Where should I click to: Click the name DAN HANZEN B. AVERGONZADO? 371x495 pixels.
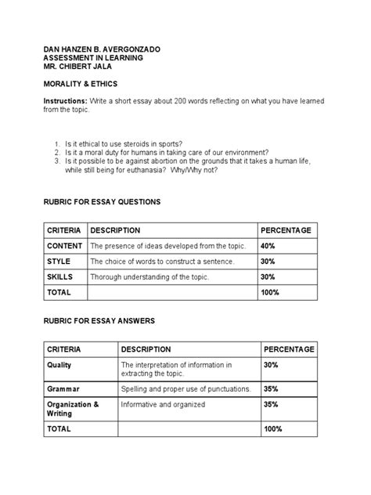tap(102, 49)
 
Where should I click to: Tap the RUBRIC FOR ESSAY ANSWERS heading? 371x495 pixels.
tap(99, 320)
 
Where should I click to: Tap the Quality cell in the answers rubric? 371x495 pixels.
tap(59, 365)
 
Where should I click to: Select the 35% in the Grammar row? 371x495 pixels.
tap(272, 388)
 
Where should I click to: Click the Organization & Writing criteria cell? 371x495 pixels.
tap(73, 409)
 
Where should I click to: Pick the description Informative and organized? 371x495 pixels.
tap(163, 405)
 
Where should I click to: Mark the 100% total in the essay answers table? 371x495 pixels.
tap(273, 429)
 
